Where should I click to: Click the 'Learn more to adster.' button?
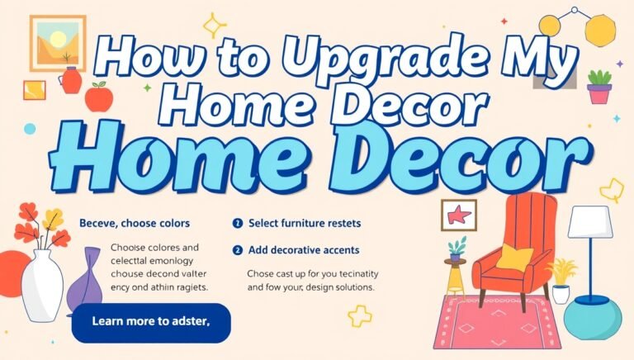click(x=151, y=322)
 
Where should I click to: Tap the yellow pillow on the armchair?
click(x=514, y=257)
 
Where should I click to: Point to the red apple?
click(x=98, y=98)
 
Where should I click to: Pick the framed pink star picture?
click(x=459, y=216)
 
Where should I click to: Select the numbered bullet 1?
click(x=238, y=223)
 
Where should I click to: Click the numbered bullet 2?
click(x=238, y=249)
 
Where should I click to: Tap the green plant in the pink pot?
click(x=599, y=85)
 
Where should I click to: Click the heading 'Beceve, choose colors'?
click(x=135, y=223)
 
